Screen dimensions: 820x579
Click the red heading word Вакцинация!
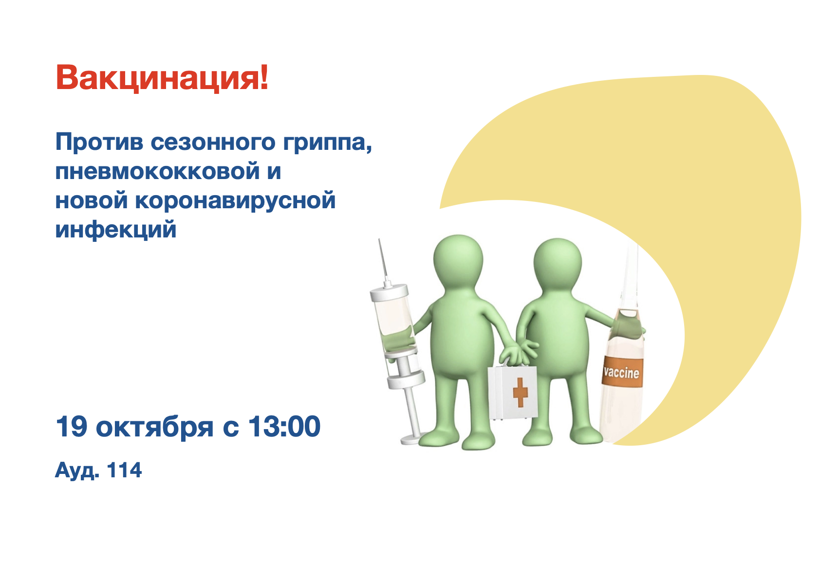click(162, 77)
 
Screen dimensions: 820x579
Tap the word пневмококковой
click(157, 171)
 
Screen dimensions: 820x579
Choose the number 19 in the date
click(72, 426)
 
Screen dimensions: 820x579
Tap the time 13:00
click(284, 426)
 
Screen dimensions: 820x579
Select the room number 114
click(125, 470)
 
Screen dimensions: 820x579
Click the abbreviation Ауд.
click(77, 470)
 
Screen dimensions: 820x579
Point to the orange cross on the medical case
click(520, 393)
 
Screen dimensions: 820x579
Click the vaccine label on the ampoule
click(622, 372)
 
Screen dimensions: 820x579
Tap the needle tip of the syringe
click(379, 239)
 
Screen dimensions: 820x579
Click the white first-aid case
click(512, 392)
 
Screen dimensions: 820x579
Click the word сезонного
click(213, 142)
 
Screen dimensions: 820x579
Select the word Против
click(99, 142)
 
